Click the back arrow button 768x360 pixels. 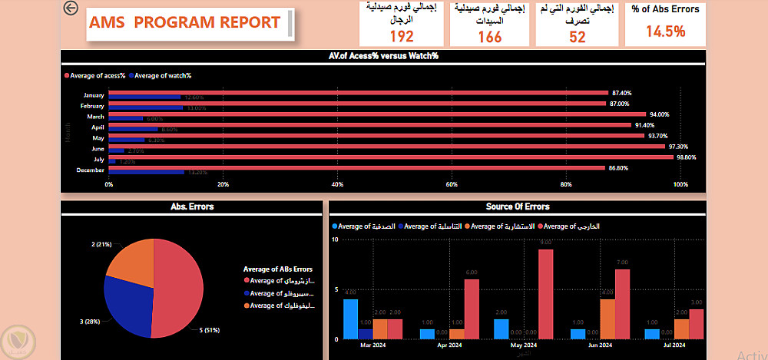click(x=71, y=8)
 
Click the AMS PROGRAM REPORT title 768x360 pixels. click(x=184, y=22)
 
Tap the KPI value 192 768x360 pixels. click(x=402, y=36)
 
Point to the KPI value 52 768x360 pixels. click(x=577, y=36)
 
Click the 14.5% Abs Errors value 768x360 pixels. click(x=665, y=31)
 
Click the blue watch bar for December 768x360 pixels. click(x=146, y=172)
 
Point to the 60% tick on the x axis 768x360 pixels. click(x=452, y=185)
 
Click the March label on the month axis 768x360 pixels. click(x=95, y=117)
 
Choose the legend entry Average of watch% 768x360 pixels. click(x=164, y=75)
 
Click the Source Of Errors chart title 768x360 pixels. click(x=517, y=206)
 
